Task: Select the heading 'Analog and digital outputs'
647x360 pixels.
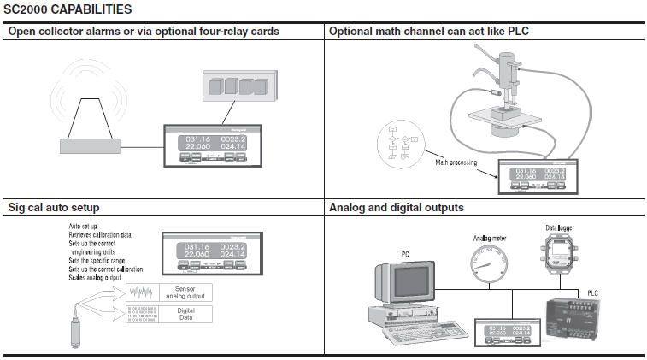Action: click(x=397, y=208)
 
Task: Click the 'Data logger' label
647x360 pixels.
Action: click(x=562, y=227)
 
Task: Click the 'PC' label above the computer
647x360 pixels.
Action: click(x=406, y=254)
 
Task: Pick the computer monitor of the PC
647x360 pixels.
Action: click(x=399, y=286)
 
